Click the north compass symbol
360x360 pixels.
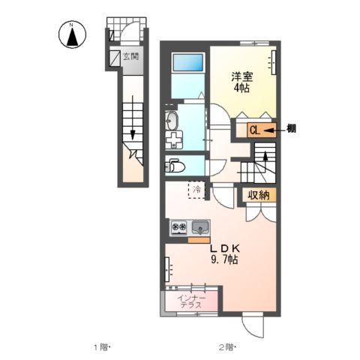click(x=72, y=35)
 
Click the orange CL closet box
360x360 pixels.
click(x=255, y=130)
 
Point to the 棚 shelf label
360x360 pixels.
click(x=291, y=129)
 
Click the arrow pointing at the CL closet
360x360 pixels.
click(x=273, y=130)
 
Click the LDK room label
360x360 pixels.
click(x=224, y=248)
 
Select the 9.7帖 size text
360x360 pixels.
click(x=224, y=259)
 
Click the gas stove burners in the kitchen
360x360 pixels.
click(x=179, y=226)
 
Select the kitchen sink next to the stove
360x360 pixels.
click(x=200, y=226)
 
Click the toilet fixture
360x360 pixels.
click(x=175, y=164)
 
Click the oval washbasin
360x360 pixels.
click(x=172, y=119)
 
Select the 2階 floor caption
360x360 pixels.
click(x=226, y=346)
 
